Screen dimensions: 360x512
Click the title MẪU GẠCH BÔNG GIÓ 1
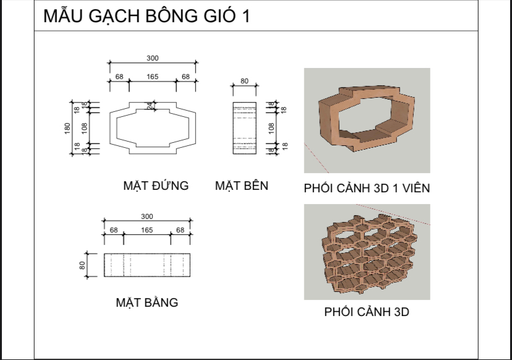coord(147,16)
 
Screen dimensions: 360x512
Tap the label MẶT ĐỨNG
coord(156,185)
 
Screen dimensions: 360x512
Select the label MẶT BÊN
coord(242,185)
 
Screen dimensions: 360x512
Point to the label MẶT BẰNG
coord(147,302)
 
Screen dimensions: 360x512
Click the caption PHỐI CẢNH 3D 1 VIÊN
coord(367,188)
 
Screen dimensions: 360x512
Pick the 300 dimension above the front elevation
coord(153,58)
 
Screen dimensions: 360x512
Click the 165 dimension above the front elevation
coord(153,77)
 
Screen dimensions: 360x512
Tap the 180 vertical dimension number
coord(67,129)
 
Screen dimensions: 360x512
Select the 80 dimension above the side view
coord(244,80)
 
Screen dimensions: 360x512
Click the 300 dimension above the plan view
coord(147,216)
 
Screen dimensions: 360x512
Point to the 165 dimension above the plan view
coord(147,230)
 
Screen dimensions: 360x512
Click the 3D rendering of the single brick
coord(366,121)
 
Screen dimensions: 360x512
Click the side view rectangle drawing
coord(244,129)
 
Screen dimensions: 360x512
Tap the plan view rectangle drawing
coord(147,265)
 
